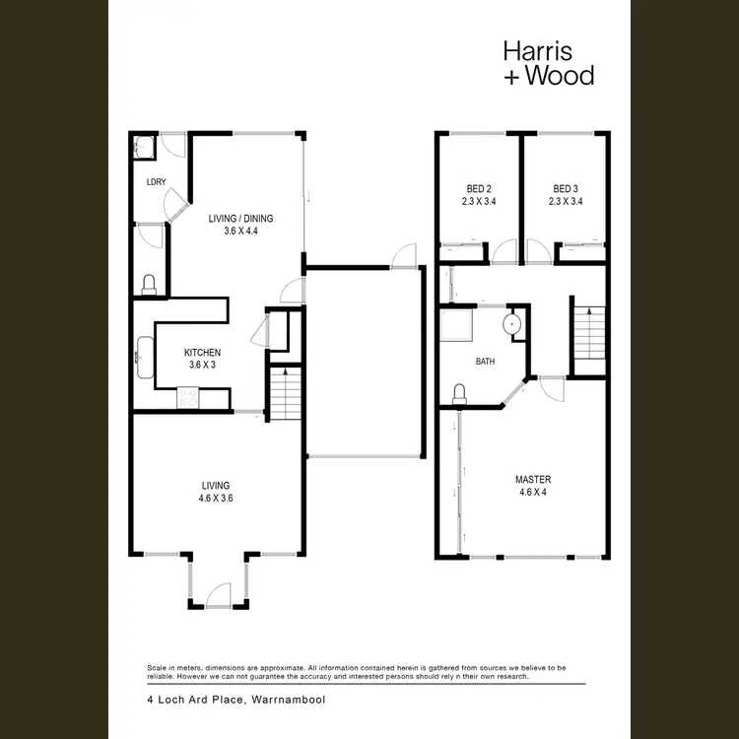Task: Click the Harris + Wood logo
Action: [x=548, y=62]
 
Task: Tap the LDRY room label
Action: [x=156, y=181]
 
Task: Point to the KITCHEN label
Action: [x=202, y=353]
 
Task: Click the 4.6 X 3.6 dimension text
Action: [x=215, y=499]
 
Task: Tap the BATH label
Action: [x=485, y=362]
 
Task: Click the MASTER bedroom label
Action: [x=533, y=480]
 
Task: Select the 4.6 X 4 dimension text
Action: [x=533, y=494]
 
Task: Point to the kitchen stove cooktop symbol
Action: [x=187, y=398]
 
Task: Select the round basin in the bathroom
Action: [x=512, y=324]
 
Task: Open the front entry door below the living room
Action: [x=217, y=595]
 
